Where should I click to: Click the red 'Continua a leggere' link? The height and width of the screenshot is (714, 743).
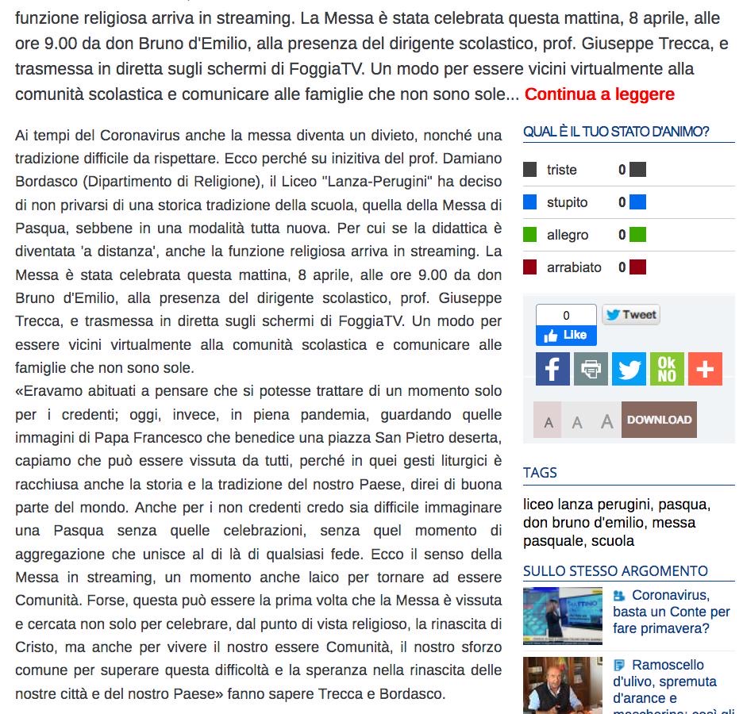pos(599,94)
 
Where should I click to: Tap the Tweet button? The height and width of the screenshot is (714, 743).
pos(630,315)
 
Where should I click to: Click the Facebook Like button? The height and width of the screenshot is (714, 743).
pos(566,336)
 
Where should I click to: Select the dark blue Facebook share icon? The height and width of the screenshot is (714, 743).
pos(552,369)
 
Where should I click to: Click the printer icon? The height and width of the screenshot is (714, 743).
pos(591,369)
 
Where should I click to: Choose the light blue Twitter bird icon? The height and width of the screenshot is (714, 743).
pos(629,369)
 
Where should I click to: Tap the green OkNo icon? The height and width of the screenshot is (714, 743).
pos(667,369)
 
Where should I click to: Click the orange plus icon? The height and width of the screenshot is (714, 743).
pos(705,369)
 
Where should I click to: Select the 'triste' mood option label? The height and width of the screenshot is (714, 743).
pos(561,170)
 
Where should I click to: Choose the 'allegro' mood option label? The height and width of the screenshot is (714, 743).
pos(567,235)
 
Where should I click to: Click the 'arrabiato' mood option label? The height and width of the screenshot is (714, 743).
pos(574,267)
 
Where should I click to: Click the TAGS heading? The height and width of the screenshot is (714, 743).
pos(540,473)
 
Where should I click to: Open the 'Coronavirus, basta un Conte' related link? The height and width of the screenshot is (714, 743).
pos(671,612)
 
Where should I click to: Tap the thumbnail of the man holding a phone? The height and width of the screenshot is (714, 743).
pos(562,685)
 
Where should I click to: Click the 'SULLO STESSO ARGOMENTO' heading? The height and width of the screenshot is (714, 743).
pos(615,571)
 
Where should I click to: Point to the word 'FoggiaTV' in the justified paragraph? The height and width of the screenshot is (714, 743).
pos(366,322)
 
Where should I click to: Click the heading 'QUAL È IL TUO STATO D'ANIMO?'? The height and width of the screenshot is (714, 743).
pos(616,132)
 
